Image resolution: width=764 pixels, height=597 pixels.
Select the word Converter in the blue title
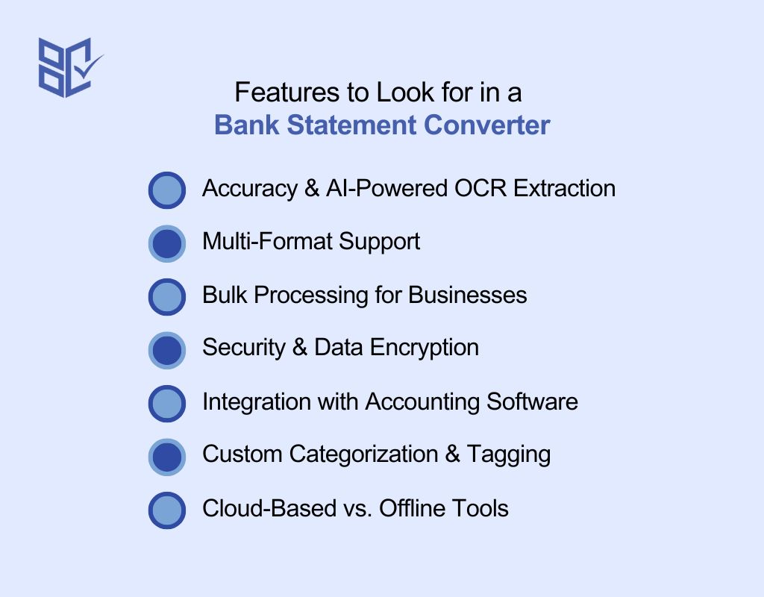click(x=486, y=125)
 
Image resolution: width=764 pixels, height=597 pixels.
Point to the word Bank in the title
click(x=246, y=125)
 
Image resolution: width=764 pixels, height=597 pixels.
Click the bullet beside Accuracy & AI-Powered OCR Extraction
click(x=167, y=190)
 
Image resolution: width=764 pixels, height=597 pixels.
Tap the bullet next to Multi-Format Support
click(x=167, y=244)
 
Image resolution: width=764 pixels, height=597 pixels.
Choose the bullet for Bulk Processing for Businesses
click(x=167, y=297)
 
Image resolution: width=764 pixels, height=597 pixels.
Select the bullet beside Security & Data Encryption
click(x=167, y=351)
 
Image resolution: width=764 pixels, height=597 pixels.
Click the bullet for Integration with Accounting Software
click(x=167, y=404)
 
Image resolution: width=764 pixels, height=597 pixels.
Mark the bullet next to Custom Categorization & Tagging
click(x=167, y=457)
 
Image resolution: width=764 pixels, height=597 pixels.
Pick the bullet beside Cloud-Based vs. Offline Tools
click(x=167, y=510)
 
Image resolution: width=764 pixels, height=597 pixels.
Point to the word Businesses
click(x=468, y=295)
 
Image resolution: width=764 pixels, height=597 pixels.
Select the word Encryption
click(x=424, y=348)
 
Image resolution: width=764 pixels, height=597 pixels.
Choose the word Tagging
click(x=509, y=454)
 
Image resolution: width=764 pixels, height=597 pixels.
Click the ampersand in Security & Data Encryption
click(x=300, y=348)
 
